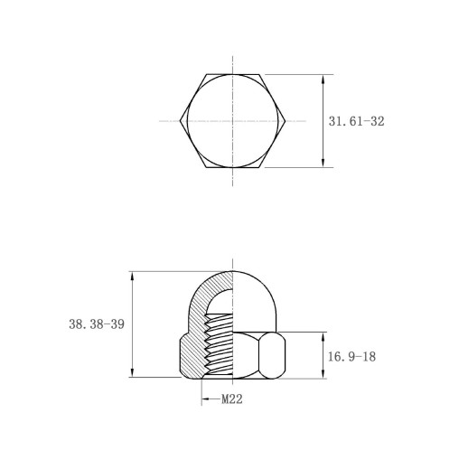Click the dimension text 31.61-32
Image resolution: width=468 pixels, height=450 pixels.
point(356,121)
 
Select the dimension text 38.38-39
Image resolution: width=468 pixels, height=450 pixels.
point(97,324)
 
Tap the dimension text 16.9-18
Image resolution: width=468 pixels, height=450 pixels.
point(351,357)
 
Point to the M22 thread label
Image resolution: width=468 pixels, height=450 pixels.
point(232,399)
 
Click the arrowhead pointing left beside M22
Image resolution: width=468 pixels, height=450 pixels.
point(205,399)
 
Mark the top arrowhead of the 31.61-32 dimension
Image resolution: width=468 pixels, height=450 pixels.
point(323,79)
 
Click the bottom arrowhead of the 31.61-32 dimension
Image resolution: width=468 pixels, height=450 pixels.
point(323,163)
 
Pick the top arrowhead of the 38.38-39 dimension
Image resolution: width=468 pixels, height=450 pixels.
point(132,276)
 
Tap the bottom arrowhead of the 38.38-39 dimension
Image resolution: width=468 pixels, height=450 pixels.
point(132,372)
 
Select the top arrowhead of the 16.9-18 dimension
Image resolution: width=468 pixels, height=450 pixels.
point(323,337)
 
